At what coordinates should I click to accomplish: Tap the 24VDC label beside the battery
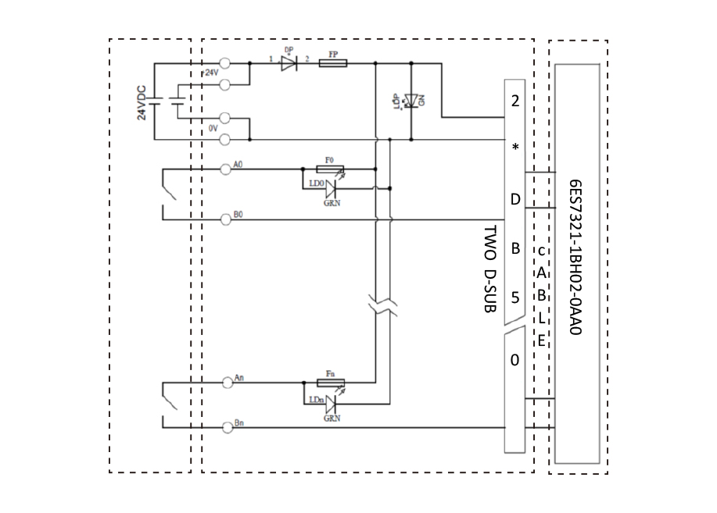(x=142, y=101)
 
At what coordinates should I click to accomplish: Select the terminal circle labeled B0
(x=226, y=220)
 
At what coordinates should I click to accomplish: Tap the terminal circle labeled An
(x=226, y=383)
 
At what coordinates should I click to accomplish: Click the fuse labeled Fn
(x=329, y=383)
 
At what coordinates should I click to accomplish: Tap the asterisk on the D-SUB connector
(x=514, y=148)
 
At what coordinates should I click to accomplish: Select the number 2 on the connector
(x=514, y=101)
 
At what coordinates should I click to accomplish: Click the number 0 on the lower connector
(x=514, y=360)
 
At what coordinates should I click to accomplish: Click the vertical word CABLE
(x=541, y=296)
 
